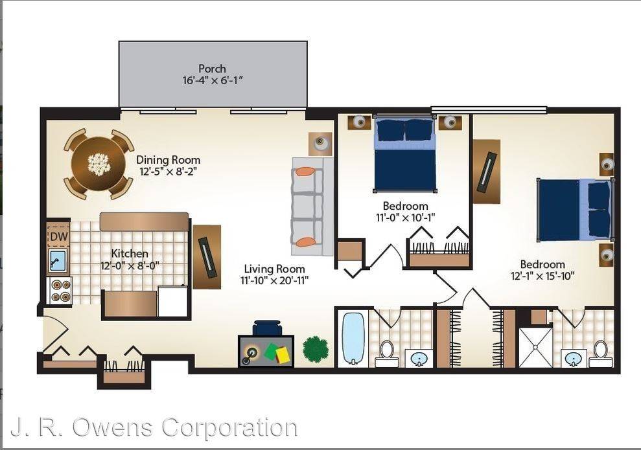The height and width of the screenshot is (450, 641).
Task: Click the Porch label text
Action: point(212,69)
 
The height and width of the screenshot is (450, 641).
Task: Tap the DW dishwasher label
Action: point(58,236)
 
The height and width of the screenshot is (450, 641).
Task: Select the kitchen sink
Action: point(57,261)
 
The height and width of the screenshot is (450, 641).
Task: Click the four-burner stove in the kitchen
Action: point(60,290)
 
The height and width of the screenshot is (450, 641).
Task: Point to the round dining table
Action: point(99,164)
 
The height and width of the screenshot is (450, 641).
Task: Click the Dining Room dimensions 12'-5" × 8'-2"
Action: point(169,171)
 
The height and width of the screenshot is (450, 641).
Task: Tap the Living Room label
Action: point(274,269)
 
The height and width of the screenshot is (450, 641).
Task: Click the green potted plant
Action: point(316,348)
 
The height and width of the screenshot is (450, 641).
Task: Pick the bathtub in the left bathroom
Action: point(353,338)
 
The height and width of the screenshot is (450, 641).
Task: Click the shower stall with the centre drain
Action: point(535,346)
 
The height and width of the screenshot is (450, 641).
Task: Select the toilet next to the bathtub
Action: point(386,354)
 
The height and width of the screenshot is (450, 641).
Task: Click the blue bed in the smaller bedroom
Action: point(404,154)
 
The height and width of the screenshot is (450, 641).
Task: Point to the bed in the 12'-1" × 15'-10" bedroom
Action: point(576,210)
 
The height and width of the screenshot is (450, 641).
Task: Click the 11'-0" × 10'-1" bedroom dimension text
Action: point(405,218)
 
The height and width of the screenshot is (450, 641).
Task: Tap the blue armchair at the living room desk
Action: point(268,328)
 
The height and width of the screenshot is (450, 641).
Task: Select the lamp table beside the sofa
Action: point(320,144)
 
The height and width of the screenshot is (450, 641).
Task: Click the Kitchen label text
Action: point(130,253)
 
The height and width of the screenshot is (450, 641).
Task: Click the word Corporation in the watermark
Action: point(229,428)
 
